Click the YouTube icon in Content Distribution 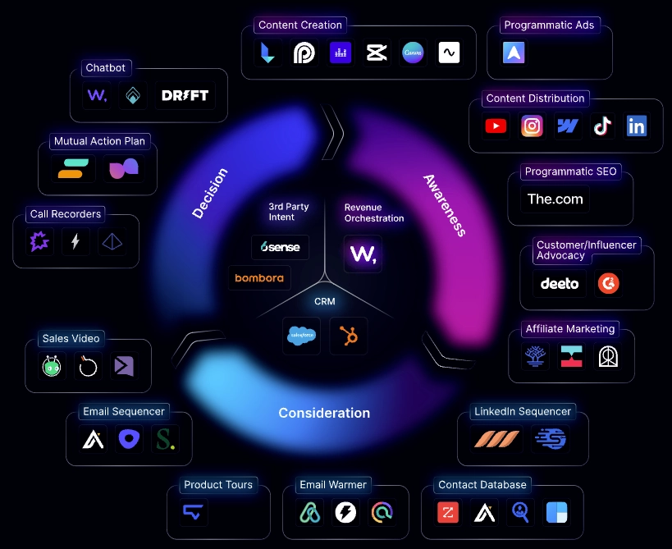coord(496,126)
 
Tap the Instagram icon coord(533,126)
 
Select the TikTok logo coord(602,126)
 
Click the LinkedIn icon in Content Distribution coord(637,126)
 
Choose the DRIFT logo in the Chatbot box coord(185,95)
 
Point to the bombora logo coord(258,278)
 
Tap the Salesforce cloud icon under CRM coord(302,335)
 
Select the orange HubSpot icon coord(348,335)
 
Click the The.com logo coord(555,199)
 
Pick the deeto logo coord(560,284)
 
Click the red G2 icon coord(608,284)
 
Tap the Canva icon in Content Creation coord(414,53)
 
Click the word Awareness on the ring coord(445,205)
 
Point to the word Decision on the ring coord(210,194)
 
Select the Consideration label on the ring coord(324,413)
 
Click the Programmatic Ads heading coord(549,25)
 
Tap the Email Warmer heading coord(333,485)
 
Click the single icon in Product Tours coord(194,514)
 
